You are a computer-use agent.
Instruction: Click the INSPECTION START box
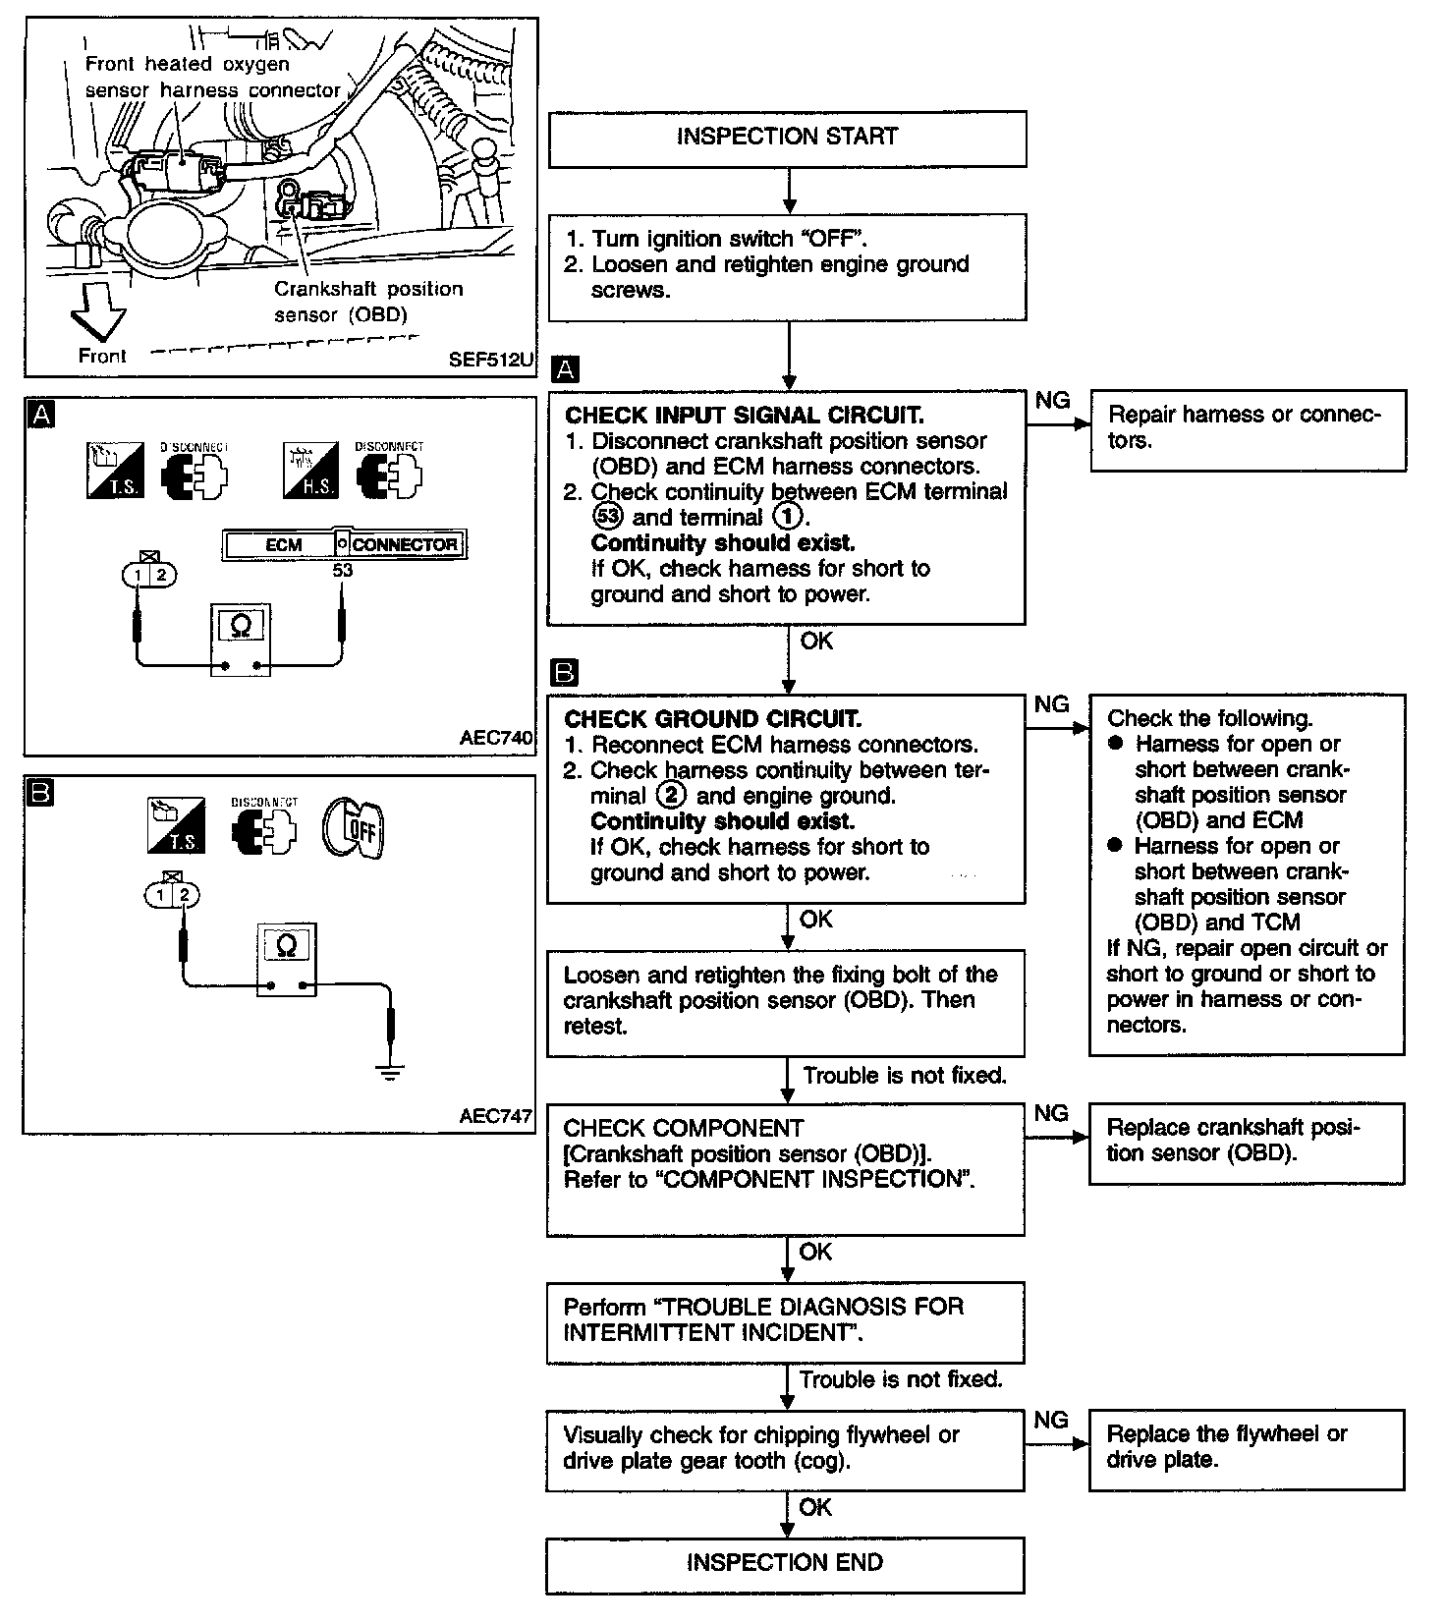[x=787, y=138]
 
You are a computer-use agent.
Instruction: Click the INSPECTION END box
[x=785, y=1563]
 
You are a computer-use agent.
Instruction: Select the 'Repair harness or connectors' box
[x=1248, y=429]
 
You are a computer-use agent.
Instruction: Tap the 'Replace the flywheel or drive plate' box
[x=1247, y=1448]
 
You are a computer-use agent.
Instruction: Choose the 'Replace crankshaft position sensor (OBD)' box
[x=1247, y=1142]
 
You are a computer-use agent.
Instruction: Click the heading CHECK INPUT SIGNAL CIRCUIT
[x=744, y=416]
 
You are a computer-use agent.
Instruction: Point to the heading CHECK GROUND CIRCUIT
[x=712, y=719]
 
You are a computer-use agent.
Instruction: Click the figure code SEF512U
[x=491, y=360]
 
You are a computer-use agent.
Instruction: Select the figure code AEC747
[x=496, y=1116]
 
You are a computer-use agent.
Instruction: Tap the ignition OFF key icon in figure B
[x=354, y=825]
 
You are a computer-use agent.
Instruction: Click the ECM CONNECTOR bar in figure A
[x=345, y=544]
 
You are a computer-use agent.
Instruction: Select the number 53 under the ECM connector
[x=342, y=569]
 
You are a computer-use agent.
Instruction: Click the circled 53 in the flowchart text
[x=606, y=518]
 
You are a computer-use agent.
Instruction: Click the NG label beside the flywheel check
[x=1051, y=1421]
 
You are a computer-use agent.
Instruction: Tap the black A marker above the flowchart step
[x=566, y=369]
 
